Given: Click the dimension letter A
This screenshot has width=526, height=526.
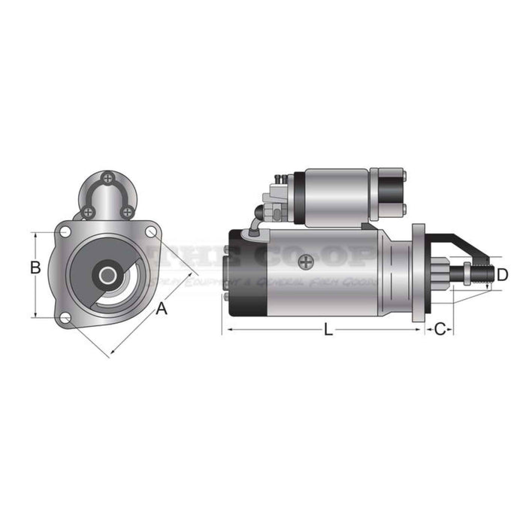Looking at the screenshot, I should (161, 308).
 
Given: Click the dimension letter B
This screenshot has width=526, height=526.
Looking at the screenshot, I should (35, 268).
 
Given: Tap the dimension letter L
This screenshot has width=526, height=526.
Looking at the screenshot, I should (328, 329).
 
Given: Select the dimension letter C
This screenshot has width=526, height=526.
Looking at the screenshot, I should (441, 328).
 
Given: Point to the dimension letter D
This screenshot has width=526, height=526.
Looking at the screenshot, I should (502, 274).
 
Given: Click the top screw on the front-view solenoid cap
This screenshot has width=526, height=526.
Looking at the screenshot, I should (109, 178).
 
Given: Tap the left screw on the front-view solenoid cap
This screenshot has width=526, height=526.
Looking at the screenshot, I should (89, 212).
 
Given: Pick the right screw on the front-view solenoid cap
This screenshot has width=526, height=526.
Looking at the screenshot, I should (128, 212).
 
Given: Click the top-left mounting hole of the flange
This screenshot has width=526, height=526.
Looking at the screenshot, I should (66, 231).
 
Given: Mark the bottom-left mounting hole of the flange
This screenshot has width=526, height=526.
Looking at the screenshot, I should (66, 319).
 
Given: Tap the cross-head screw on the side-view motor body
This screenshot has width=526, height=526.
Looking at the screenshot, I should (305, 262).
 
